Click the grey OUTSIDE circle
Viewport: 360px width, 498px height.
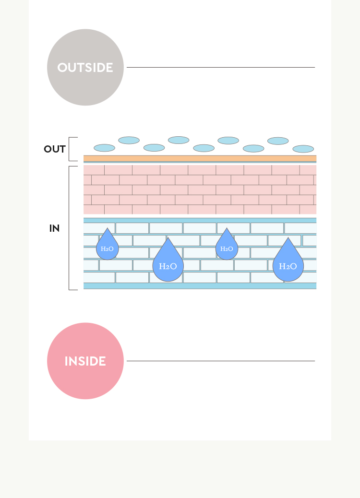85,67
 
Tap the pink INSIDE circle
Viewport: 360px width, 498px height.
85,361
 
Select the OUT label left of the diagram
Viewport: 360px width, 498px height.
55,149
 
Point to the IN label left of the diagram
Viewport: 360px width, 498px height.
54,228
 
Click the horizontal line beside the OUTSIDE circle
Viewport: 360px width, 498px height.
221,67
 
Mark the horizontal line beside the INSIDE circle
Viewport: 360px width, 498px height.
221,361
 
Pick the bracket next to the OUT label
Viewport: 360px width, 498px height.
69,149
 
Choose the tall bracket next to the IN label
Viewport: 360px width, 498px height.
69,228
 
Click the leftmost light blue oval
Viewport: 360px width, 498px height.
104,148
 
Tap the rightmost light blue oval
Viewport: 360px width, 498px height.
303,149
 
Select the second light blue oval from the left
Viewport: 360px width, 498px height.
129,140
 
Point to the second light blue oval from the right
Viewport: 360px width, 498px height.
278,141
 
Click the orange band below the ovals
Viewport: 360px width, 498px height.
200,158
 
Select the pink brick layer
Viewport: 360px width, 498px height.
200,190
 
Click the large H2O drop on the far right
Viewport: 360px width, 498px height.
288,260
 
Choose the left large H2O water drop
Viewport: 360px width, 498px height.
168,260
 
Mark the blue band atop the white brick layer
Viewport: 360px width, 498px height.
200,220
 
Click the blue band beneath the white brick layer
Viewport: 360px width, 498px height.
200,286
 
